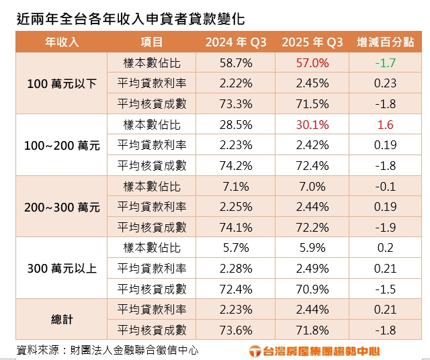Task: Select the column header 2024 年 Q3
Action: point(236,42)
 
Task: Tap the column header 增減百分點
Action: point(386,42)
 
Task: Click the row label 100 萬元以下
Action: point(62,84)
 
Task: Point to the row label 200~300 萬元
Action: point(62,208)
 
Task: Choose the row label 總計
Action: point(62,320)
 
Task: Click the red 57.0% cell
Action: point(312,63)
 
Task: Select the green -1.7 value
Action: point(386,63)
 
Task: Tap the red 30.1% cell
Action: point(312,125)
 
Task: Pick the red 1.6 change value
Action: point(386,125)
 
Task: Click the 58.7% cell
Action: point(236,63)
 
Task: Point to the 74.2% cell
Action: point(236,166)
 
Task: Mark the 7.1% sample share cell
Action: point(236,187)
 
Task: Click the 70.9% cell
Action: point(312,289)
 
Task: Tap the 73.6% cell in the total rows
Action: point(236,330)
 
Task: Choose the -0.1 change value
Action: point(386,187)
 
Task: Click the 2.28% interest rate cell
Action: point(236,269)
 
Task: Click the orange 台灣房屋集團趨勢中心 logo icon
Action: point(255,351)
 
